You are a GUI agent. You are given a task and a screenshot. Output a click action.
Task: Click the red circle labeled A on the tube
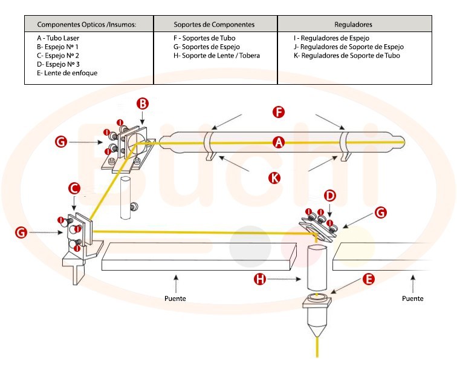pos(279,142)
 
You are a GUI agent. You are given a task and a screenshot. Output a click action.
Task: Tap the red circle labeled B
pos(142,104)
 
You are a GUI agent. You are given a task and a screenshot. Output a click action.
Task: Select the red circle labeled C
pos(74,188)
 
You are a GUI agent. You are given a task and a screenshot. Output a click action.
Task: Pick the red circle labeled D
pos(329,196)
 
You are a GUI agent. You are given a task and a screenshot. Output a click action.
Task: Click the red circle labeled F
pos(278,112)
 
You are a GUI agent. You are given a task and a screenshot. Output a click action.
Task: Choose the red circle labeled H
pos(261,279)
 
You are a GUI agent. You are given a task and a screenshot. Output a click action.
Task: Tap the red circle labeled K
pos(276,178)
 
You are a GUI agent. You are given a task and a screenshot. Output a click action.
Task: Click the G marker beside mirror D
pos(380,212)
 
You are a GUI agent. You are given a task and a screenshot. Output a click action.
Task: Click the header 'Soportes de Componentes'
pos(214,25)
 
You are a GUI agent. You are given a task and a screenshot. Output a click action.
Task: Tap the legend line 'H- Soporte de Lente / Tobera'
pos(216,56)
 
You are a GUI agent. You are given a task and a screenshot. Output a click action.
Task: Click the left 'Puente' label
pos(175,298)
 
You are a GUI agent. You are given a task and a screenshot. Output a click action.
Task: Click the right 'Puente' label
pos(413,298)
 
